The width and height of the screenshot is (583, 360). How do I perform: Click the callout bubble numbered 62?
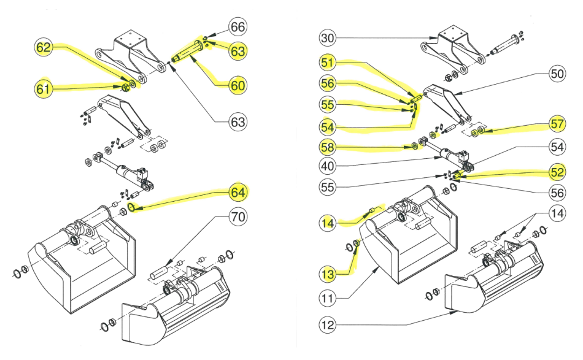pyautogui.click(x=44, y=48)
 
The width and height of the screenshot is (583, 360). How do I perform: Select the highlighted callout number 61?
pyautogui.click(x=43, y=90)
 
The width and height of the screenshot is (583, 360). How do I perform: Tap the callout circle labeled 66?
pyautogui.click(x=237, y=27)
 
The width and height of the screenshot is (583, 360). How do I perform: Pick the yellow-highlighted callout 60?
pyautogui.click(x=237, y=85)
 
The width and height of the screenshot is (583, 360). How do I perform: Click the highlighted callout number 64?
pyautogui.click(x=237, y=192)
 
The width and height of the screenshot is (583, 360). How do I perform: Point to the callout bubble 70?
pyautogui.click(x=237, y=216)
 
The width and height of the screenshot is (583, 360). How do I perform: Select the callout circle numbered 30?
pyautogui.click(x=328, y=38)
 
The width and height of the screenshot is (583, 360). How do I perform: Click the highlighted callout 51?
pyautogui.click(x=328, y=62)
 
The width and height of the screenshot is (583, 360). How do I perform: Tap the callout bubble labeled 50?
pyautogui.click(x=557, y=74)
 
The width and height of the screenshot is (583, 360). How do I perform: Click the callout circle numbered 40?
pyautogui.click(x=328, y=166)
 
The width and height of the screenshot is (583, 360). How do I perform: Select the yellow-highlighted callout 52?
pyautogui.click(x=557, y=173)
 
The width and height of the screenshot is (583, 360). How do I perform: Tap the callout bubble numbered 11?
pyautogui.click(x=328, y=299)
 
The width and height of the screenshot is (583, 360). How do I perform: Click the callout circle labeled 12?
pyautogui.click(x=328, y=325)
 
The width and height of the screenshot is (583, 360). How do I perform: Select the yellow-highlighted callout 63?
pyautogui.click(x=237, y=52)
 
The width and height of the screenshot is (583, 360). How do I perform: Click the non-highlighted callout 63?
pyautogui.click(x=237, y=122)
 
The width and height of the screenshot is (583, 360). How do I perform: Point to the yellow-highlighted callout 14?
pyautogui.click(x=328, y=223)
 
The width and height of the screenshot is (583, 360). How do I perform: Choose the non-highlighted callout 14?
pyautogui.click(x=557, y=214)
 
